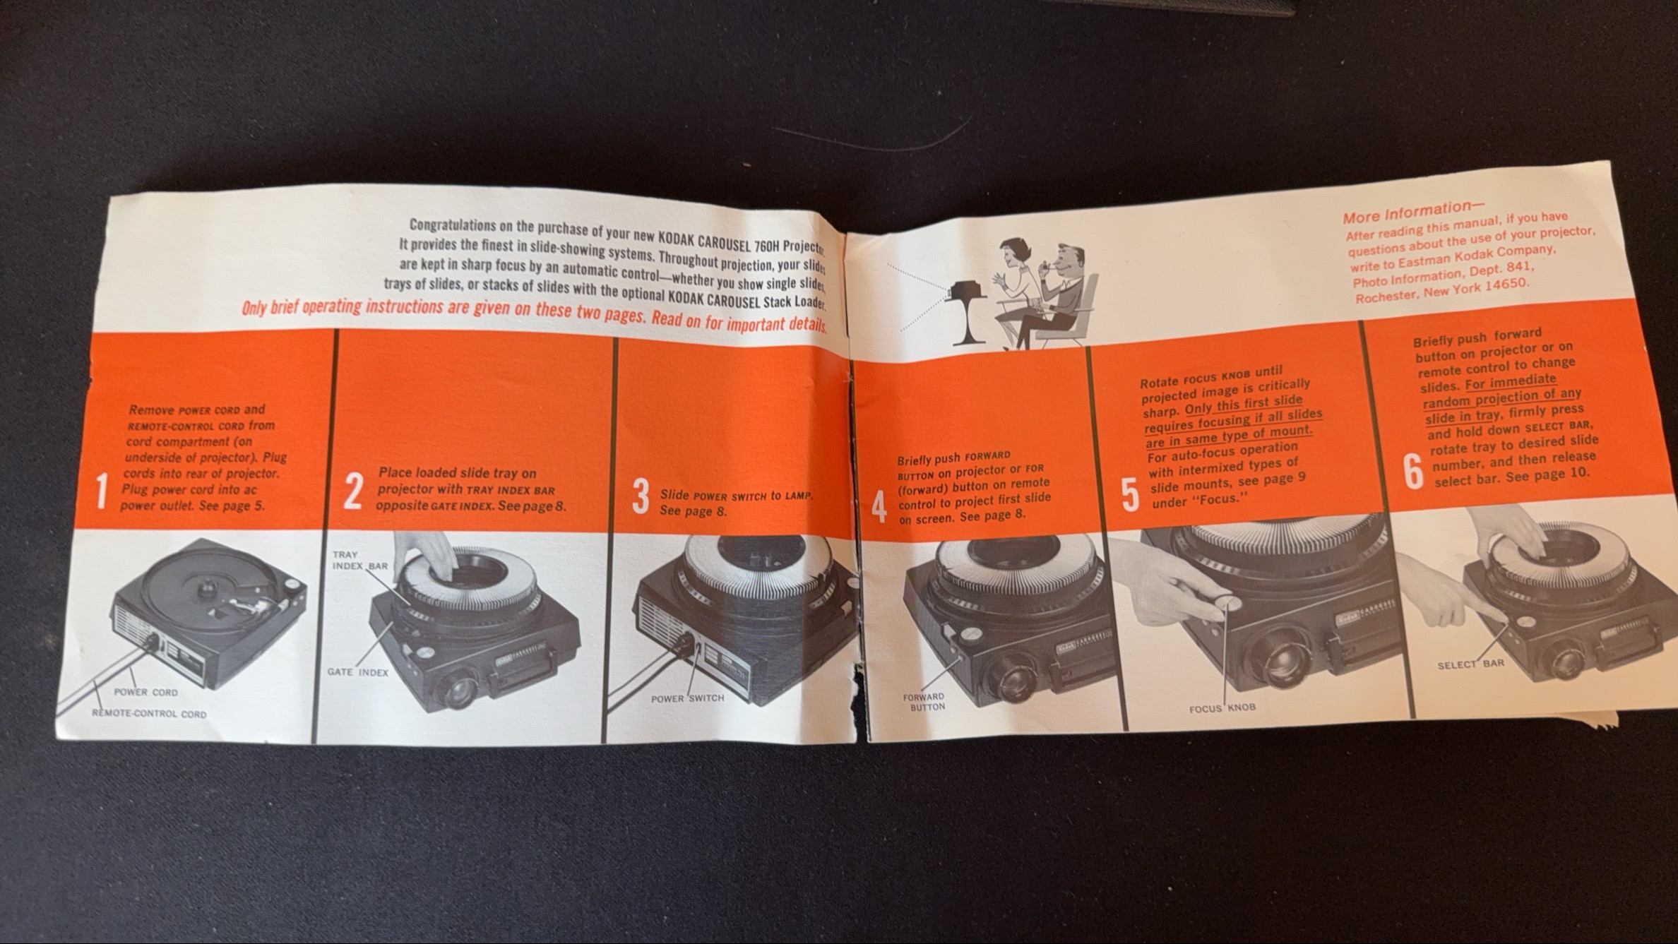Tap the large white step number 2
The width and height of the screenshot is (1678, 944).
(x=353, y=492)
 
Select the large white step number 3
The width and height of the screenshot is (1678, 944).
(x=640, y=497)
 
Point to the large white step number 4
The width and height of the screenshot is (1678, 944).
(x=879, y=506)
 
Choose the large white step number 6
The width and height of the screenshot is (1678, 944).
(x=1412, y=472)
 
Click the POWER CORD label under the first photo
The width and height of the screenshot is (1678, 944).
(x=146, y=692)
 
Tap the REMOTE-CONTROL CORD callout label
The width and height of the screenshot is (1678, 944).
(x=149, y=714)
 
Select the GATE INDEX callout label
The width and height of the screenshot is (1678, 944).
(x=358, y=672)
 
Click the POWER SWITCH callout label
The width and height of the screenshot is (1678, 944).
(x=688, y=698)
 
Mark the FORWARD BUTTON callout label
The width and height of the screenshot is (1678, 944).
(x=924, y=702)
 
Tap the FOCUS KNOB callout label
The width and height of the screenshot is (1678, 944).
(x=1222, y=707)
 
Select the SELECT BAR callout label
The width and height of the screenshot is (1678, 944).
(x=1471, y=664)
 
